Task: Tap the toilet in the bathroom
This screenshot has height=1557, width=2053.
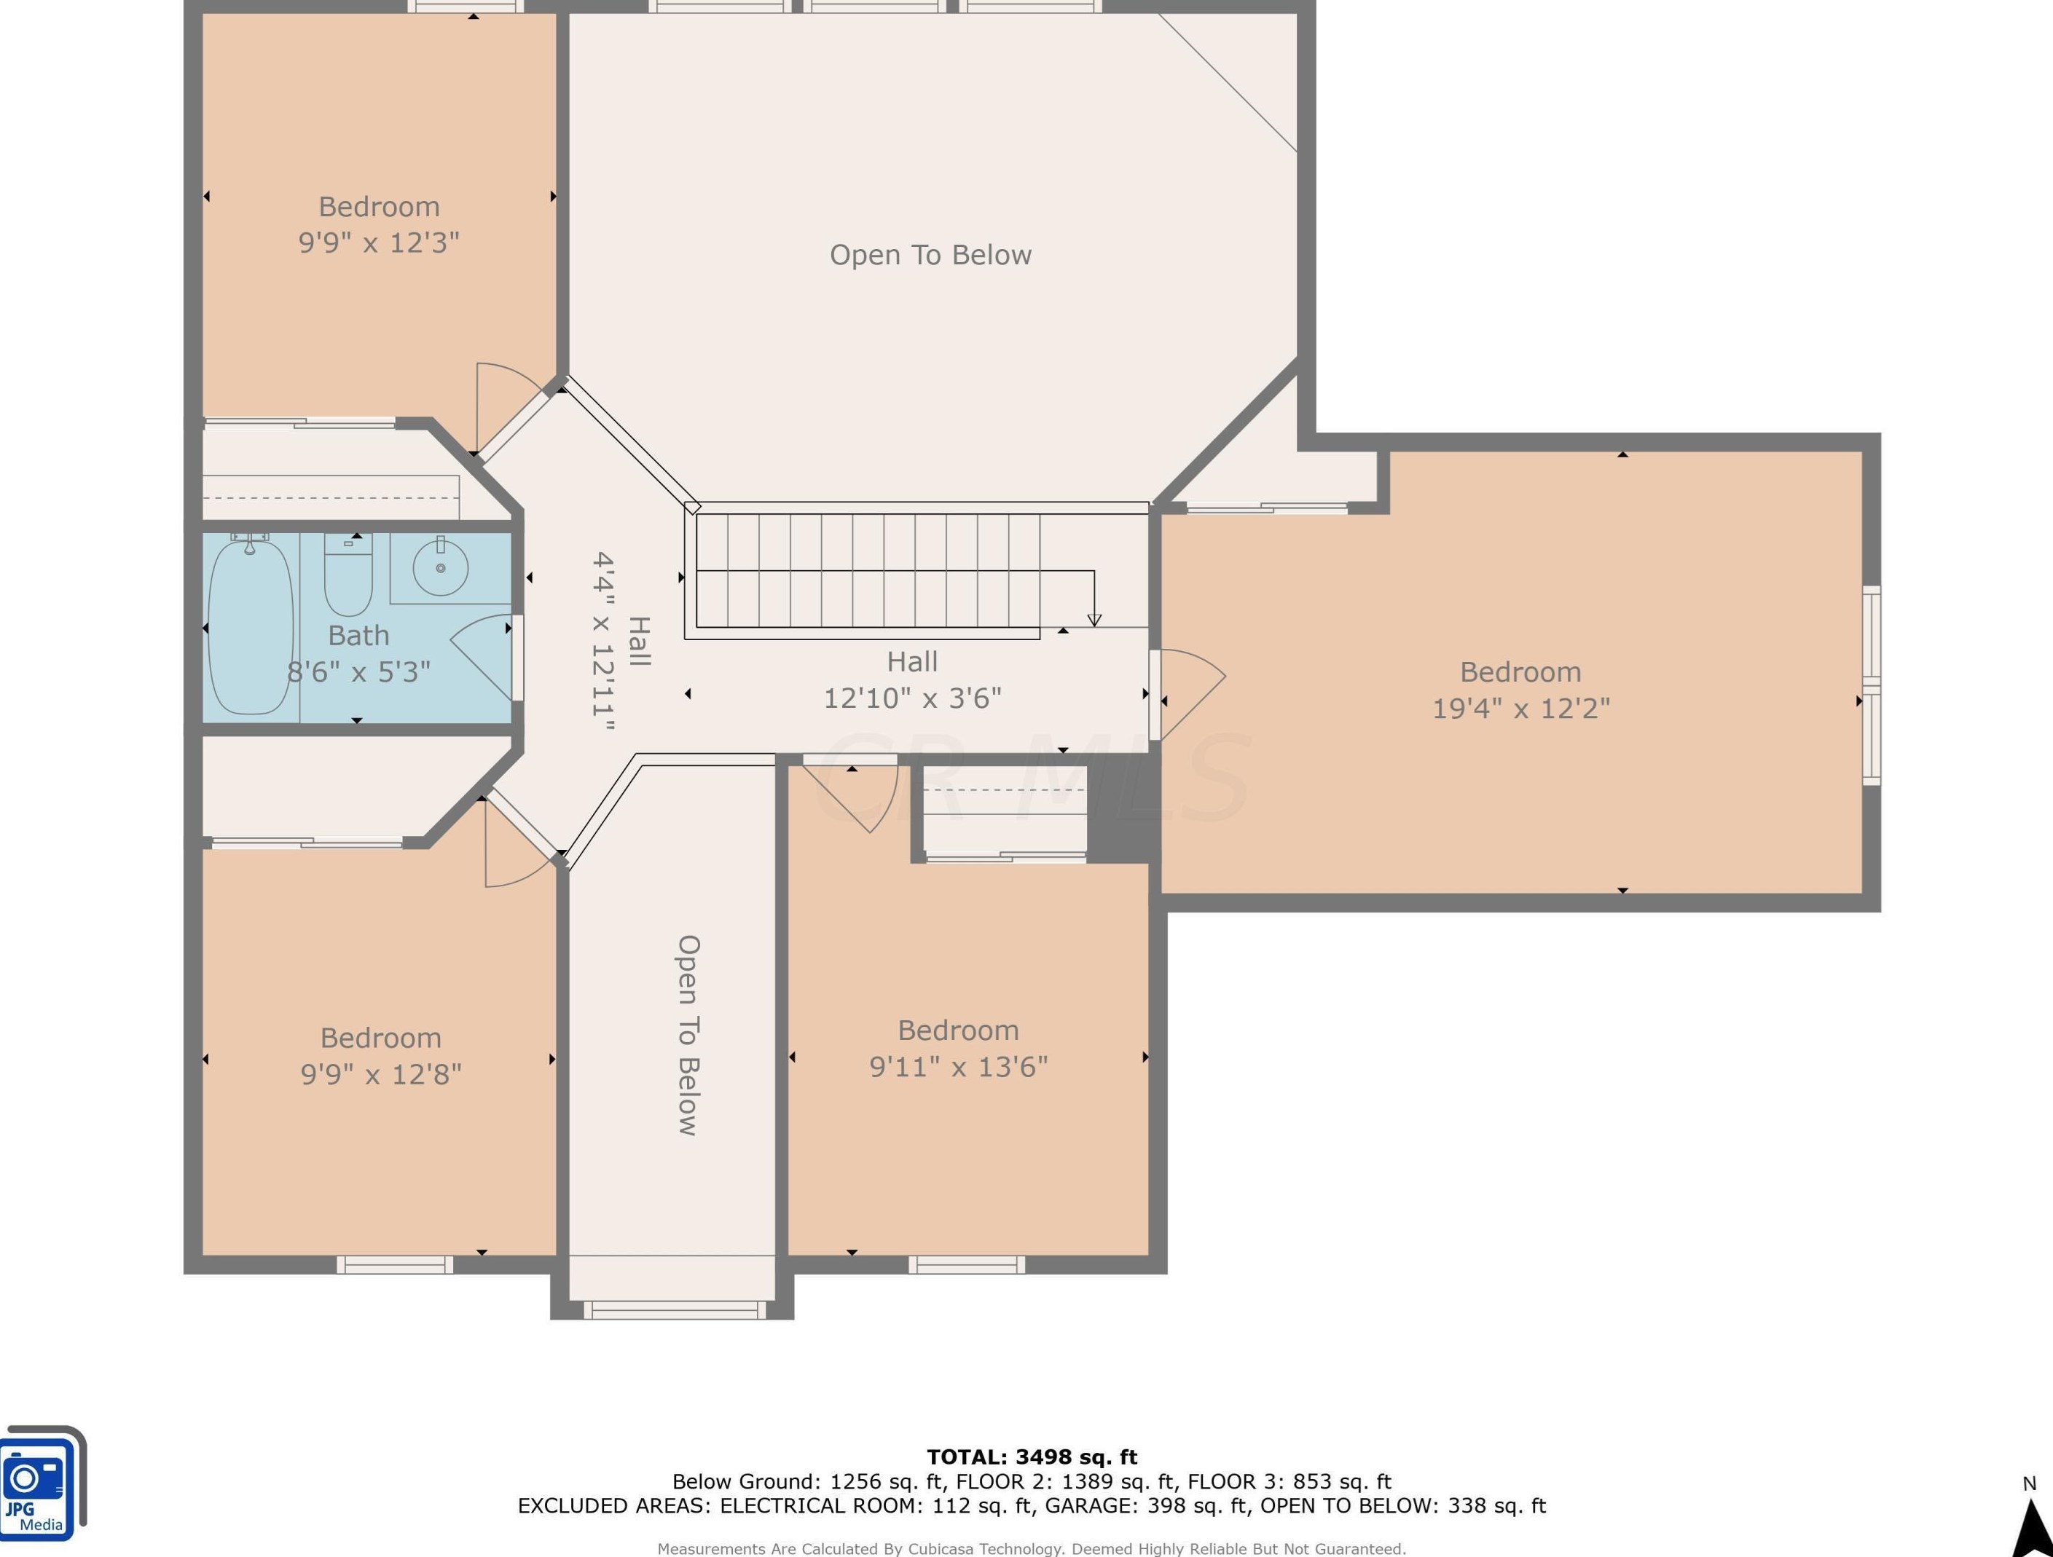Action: tap(348, 575)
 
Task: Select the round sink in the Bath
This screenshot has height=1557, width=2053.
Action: tap(440, 567)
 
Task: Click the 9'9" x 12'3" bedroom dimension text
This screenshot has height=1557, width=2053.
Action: tap(379, 243)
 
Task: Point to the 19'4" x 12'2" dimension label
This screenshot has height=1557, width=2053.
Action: tap(1520, 708)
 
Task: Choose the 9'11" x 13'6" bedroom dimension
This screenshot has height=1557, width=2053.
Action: tap(958, 1066)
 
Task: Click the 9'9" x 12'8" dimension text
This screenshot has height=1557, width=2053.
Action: tap(380, 1073)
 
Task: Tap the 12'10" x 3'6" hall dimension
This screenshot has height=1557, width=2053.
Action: tap(912, 697)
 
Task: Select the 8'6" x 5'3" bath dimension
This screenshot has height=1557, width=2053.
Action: tap(358, 671)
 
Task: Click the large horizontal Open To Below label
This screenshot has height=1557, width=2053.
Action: tap(930, 254)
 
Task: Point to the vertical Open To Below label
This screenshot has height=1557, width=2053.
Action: tap(688, 1035)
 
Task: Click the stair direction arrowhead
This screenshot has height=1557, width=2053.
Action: tap(1094, 620)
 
